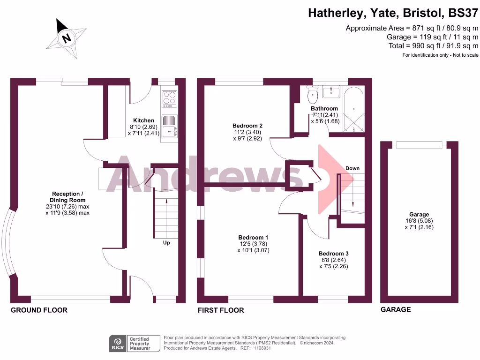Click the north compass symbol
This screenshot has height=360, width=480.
pos(67,38)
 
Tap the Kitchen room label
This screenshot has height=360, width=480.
pos(143,120)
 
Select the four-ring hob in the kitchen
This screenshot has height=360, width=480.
pos(169,99)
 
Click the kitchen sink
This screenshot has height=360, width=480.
pos(169,126)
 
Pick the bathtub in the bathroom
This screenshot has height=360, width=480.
pos(354,109)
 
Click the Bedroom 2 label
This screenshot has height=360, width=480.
pos(247,126)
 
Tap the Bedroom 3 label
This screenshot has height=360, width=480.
pos(333,254)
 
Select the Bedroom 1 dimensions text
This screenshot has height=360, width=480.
pos(253,247)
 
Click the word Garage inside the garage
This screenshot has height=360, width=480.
pos(419,215)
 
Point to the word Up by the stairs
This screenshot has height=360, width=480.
pos(166,243)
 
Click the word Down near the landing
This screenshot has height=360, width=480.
pos(352,168)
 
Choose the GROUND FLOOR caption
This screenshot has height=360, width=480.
pos(39,310)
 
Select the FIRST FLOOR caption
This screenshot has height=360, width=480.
pos(221,310)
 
